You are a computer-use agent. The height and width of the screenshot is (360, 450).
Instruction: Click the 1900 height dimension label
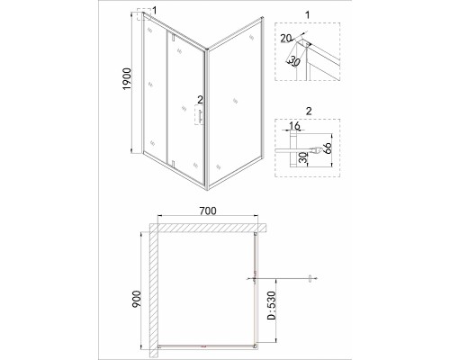point(127,79)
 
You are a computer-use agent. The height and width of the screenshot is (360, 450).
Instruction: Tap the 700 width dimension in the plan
point(208,211)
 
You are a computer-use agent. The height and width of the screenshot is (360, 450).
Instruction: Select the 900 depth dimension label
point(136,299)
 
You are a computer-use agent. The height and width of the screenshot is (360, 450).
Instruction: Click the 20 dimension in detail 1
point(286,38)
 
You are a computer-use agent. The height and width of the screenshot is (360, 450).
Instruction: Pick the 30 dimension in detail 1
point(294,61)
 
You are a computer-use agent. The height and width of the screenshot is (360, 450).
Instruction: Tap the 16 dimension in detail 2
point(294,125)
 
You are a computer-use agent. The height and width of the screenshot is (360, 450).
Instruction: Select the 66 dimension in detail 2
point(327,148)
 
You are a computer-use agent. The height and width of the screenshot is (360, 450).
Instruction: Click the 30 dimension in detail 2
point(303,157)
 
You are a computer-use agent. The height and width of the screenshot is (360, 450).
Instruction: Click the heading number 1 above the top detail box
point(307,14)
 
